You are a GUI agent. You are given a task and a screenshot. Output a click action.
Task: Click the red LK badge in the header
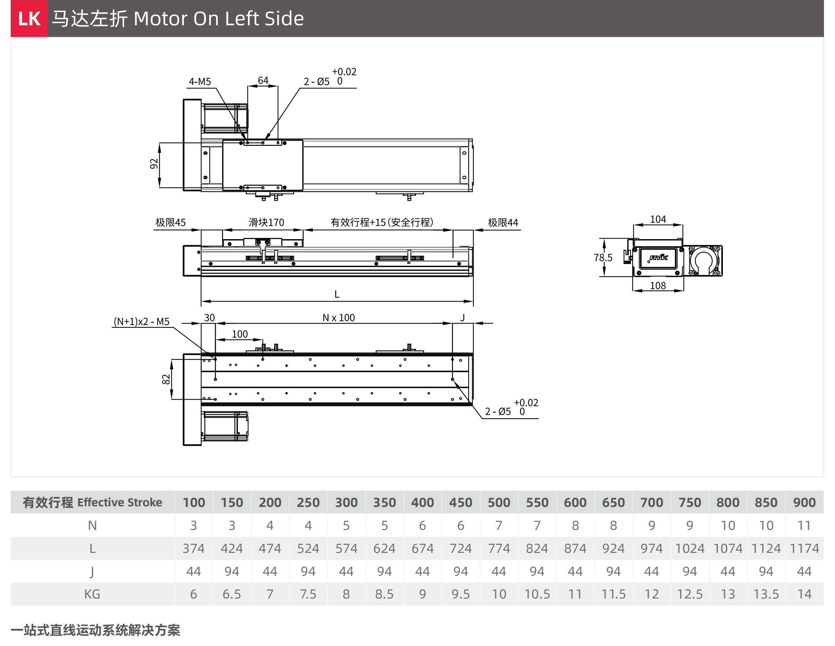point(29,19)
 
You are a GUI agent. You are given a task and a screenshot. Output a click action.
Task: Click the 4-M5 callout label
point(199,81)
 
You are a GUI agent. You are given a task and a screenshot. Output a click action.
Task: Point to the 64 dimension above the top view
point(263,80)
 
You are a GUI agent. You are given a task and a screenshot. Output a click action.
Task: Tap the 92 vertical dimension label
point(154,164)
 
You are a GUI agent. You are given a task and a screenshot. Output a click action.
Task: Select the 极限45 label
point(170,222)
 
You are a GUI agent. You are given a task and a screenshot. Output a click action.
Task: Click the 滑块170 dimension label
point(267,222)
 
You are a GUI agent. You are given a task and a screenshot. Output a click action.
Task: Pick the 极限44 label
point(503,222)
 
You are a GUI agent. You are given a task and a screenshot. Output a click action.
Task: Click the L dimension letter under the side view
point(337,294)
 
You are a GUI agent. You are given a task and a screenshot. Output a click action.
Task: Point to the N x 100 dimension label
point(339,318)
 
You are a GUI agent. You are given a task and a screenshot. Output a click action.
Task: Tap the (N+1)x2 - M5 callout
point(142,322)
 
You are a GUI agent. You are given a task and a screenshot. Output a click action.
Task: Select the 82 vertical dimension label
point(165,379)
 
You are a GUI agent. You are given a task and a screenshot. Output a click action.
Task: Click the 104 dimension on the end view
point(658,219)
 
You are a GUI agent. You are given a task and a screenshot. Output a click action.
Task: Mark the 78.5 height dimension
point(603,258)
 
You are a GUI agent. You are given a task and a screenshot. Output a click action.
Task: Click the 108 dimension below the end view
point(658,285)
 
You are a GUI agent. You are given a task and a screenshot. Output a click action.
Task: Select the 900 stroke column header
point(804,502)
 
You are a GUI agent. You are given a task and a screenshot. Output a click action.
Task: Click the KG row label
point(92,594)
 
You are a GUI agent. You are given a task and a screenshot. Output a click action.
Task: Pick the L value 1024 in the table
point(690,549)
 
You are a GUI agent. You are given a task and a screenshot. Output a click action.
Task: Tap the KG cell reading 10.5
point(537,594)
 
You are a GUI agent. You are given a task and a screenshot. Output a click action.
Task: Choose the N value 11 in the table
point(804,526)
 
